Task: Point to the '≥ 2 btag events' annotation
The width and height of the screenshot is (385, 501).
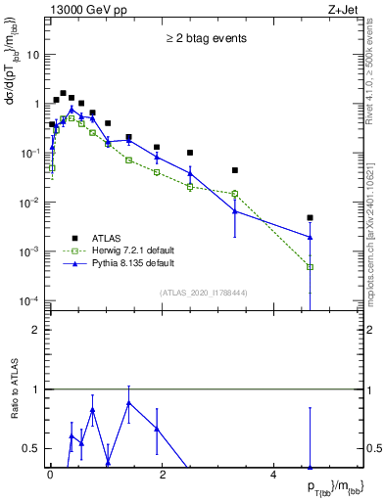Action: point(192,39)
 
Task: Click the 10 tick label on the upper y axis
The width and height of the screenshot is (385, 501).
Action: point(32,55)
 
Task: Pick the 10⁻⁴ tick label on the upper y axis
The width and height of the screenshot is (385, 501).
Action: point(29,300)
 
